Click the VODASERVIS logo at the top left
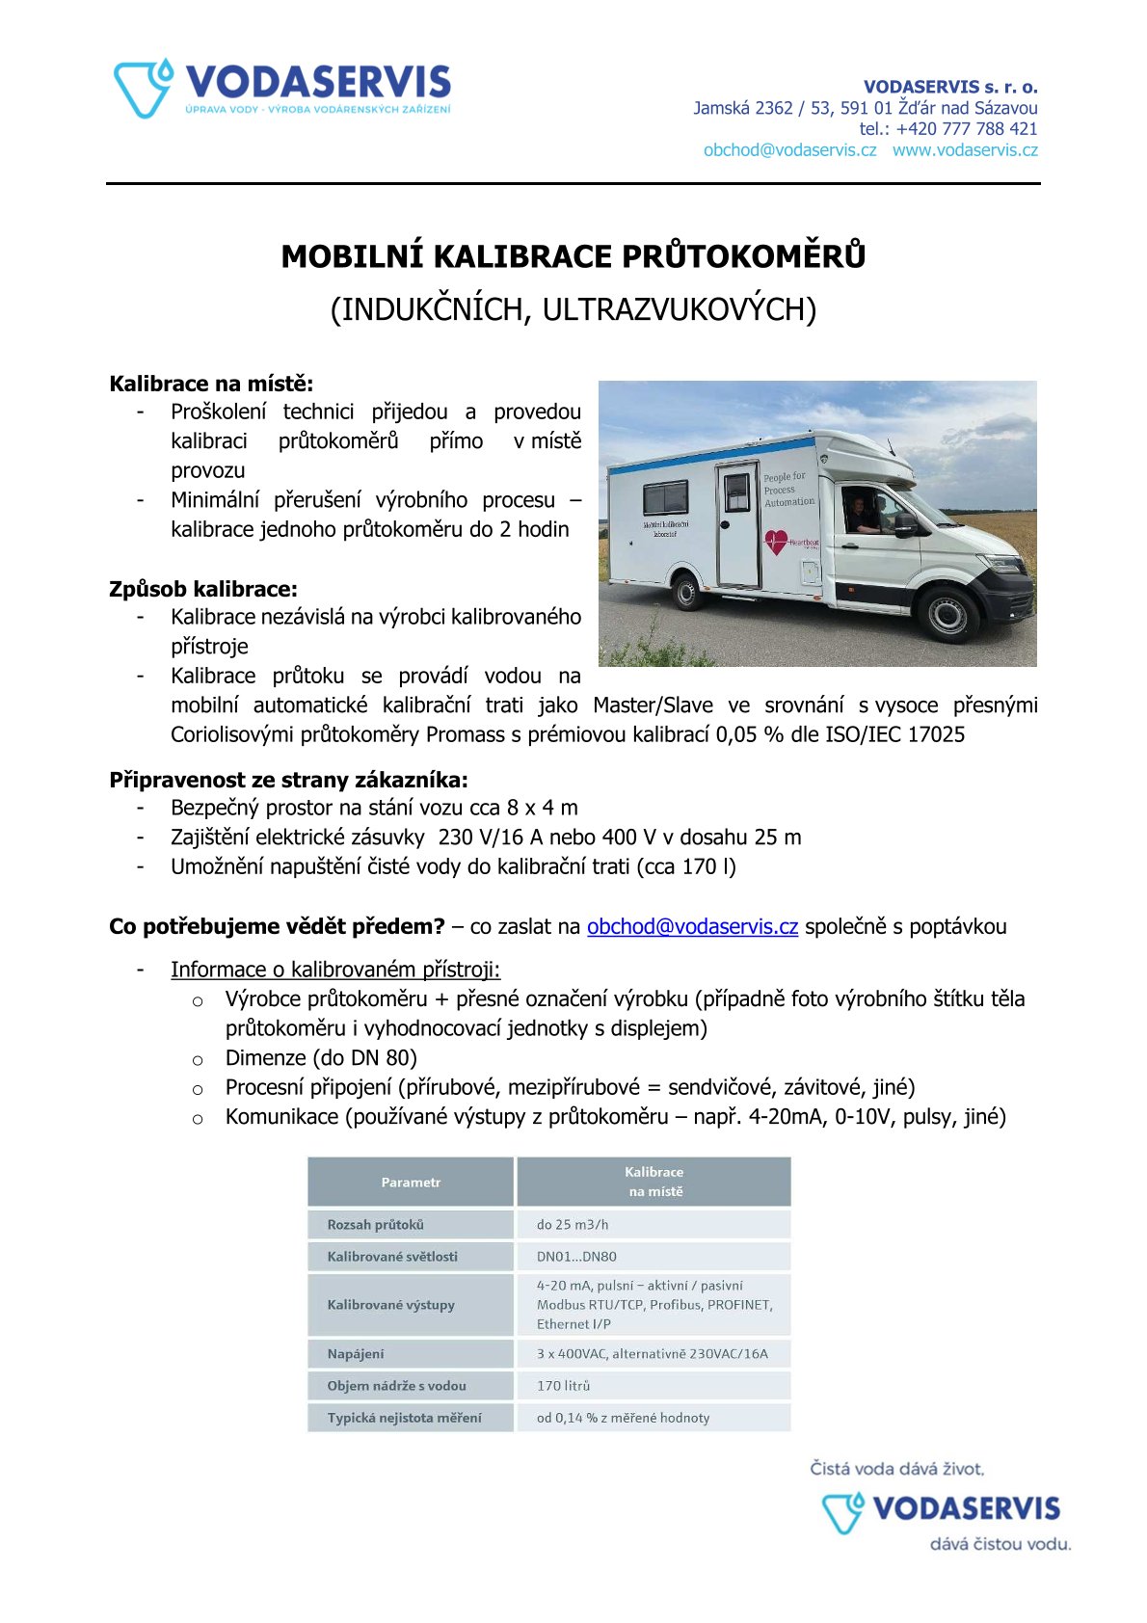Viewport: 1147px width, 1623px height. click(281, 89)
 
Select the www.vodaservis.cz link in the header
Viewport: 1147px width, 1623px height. click(965, 150)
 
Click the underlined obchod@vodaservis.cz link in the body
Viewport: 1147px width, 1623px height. click(692, 927)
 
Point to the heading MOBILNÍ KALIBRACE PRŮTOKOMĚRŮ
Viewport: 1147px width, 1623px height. click(573, 256)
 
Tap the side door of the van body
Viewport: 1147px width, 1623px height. click(737, 524)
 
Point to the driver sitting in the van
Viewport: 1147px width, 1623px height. click(858, 514)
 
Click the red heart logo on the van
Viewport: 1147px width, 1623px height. click(776, 543)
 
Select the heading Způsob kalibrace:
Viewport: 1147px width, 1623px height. click(203, 589)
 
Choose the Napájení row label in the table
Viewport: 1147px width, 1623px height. click(356, 1354)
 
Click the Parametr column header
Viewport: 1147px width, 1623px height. click(411, 1183)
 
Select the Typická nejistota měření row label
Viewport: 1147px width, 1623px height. click(404, 1418)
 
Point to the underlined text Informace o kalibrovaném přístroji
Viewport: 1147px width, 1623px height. click(335, 970)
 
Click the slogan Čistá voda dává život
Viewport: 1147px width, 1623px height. click(896, 1469)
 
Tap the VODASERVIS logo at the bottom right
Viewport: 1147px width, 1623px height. click(941, 1509)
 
